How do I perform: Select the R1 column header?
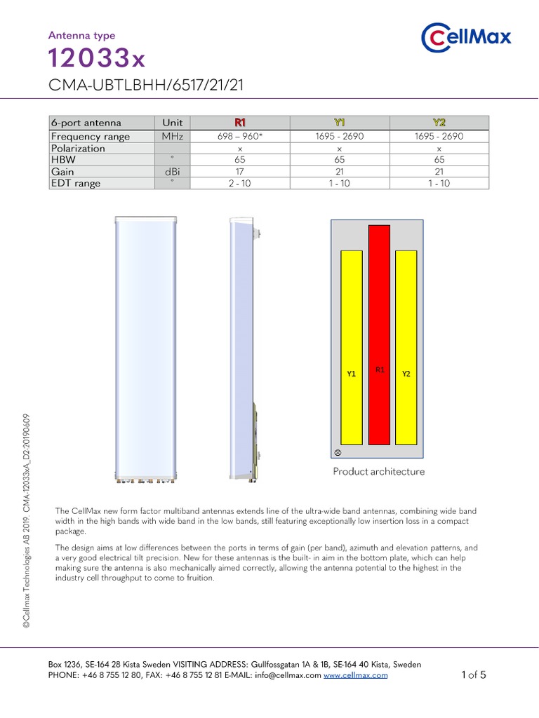click(240, 123)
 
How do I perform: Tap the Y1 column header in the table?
click(339, 123)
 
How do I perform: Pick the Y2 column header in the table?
click(439, 123)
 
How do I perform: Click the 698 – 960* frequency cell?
click(240, 137)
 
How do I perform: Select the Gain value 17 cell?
click(240, 172)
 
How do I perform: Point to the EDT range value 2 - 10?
click(240, 184)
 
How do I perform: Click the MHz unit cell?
click(172, 137)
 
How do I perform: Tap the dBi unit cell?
click(172, 172)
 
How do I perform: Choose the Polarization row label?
click(78, 149)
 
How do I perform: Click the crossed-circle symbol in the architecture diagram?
click(338, 452)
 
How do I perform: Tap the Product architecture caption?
click(378, 472)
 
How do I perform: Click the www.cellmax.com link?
click(356, 675)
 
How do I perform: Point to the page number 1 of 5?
click(474, 675)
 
